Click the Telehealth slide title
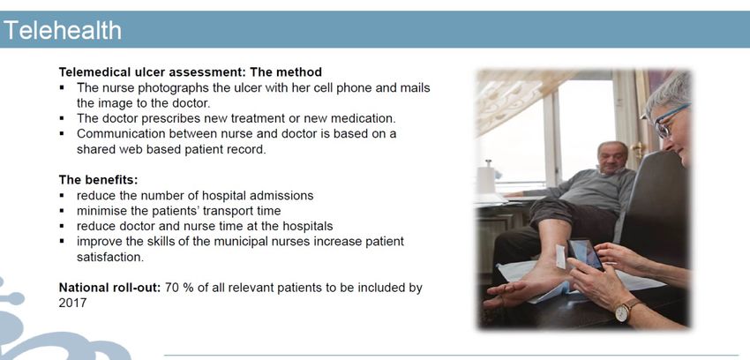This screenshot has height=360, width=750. pos(63,30)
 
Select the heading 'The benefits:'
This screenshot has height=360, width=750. pos(98,180)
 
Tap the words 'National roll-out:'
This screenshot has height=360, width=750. pos(109,288)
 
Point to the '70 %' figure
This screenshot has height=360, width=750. pos(179,288)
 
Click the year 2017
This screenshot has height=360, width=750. pos(72,304)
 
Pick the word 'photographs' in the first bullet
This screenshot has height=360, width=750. pos(165,88)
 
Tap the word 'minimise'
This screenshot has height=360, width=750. pos(98,211)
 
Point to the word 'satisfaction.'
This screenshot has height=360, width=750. pos(110,258)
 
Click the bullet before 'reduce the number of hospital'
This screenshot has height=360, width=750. pos(62,196)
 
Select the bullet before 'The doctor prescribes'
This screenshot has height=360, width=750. pos(62,118)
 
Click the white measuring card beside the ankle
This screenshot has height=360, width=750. pos(560,257)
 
